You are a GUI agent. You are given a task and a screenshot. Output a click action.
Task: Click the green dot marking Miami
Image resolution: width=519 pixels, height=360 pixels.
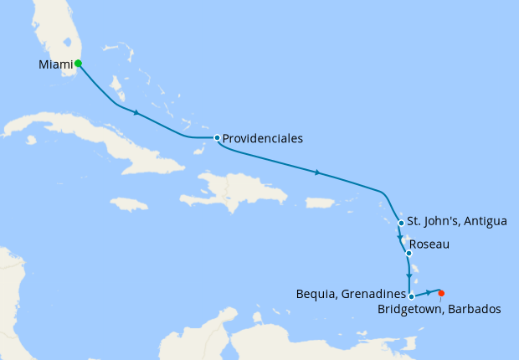78,63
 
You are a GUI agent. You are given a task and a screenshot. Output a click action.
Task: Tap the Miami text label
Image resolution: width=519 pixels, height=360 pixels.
55,64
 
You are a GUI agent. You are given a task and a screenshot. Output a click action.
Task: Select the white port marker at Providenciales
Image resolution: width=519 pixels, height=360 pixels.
217,137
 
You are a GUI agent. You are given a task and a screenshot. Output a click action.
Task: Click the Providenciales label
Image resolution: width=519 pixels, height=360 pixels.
263,138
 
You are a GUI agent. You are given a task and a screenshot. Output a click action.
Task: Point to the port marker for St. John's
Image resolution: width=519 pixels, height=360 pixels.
402,223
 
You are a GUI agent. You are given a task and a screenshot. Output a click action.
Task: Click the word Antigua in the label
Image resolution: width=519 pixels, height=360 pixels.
486,222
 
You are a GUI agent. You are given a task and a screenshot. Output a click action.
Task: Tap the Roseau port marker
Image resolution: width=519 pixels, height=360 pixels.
408,253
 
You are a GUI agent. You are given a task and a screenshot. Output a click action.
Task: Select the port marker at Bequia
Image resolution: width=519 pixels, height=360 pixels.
411,296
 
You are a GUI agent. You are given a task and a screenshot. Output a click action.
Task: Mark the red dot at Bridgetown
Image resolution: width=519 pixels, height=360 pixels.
441,292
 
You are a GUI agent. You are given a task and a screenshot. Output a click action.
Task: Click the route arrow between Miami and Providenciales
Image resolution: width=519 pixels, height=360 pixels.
136,111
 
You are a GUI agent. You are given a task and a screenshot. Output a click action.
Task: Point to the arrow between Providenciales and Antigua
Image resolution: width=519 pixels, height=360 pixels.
317,173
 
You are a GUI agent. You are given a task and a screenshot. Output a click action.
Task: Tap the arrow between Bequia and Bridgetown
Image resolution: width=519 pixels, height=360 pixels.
429,292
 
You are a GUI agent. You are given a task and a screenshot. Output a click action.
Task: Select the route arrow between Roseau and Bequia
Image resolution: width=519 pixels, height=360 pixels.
409,276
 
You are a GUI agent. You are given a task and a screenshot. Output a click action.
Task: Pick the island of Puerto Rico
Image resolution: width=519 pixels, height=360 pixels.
320,203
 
